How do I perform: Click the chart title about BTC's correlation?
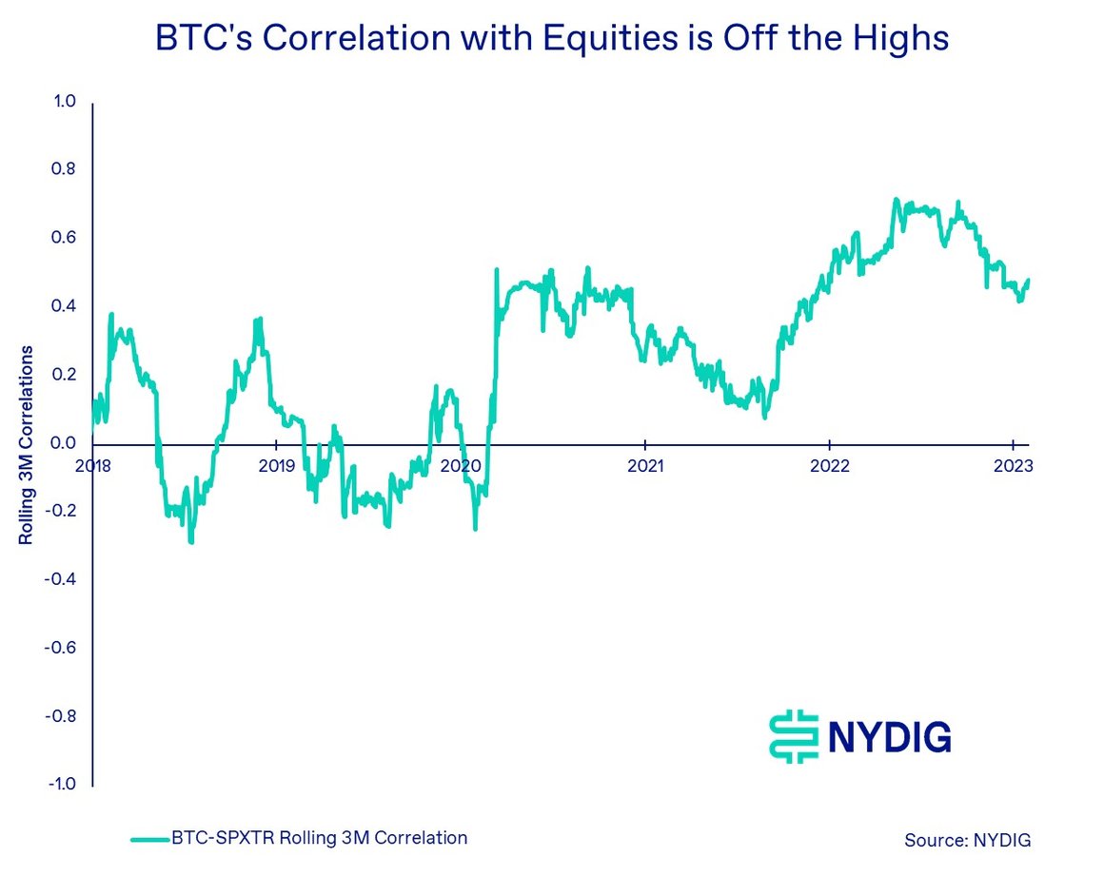point(552,38)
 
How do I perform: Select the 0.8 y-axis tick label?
point(65,169)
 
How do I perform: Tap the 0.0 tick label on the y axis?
point(65,443)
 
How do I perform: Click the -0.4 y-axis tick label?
point(62,579)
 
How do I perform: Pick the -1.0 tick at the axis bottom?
point(62,785)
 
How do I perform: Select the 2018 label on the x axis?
point(92,466)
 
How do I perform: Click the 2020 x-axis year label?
point(461,466)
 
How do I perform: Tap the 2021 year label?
point(645,466)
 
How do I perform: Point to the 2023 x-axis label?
point(1012,466)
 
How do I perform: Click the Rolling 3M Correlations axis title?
point(27,444)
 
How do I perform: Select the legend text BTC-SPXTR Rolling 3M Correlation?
point(320,838)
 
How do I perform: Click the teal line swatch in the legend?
point(148,840)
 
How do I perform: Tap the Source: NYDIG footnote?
point(967,840)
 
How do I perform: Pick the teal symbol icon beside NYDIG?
point(793,736)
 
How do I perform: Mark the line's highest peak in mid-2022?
point(896,200)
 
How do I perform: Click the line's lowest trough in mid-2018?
point(191,541)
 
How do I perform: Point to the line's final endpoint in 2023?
point(1029,280)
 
